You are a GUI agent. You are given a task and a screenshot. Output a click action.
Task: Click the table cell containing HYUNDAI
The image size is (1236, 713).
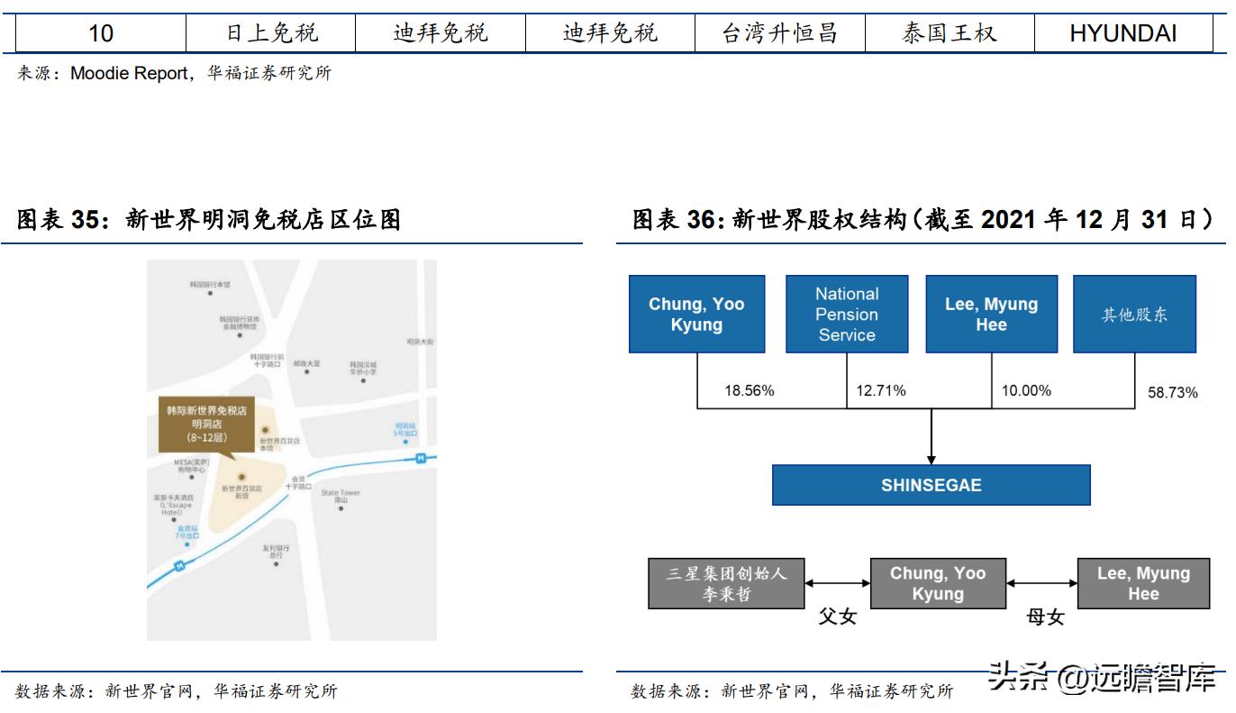click(x=1122, y=33)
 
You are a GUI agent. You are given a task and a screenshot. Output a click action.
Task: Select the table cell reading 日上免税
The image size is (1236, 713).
click(x=271, y=33)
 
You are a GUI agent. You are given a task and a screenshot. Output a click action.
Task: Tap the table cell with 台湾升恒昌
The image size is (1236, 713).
click(x=779, y=33)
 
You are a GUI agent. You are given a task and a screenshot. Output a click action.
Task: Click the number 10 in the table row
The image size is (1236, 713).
click(x=101, y=33)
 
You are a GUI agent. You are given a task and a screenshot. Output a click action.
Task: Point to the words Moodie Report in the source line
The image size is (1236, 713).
click(x=129, y=74)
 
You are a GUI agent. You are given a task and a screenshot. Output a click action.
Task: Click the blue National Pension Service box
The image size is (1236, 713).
click(x=846, y=314)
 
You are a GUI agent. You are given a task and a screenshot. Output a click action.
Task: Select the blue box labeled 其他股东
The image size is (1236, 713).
click(x=1134, y=315)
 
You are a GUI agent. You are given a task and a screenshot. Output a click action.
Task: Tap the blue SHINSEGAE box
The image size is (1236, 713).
click(x=931, y=485)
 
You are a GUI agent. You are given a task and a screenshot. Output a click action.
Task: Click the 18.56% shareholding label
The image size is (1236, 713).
click(x=750, y=391)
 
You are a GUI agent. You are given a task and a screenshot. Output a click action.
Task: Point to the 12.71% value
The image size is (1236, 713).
click(x=881, y=391)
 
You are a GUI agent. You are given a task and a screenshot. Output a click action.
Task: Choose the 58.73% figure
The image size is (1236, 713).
click(x=1172, y=393)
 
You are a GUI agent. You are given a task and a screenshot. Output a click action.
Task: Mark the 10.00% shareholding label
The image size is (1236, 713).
click(x=1026, y=391)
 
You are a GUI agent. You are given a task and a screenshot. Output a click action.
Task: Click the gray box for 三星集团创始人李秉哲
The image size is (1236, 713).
click(x=726, y=583)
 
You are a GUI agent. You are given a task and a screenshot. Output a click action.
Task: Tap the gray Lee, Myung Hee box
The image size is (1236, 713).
click(x=1143, y=583)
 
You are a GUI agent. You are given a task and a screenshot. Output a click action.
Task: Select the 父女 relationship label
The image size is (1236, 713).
click(x=837, y=617)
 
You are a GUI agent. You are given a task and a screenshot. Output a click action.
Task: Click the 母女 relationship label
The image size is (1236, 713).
click(x=1045, y=617)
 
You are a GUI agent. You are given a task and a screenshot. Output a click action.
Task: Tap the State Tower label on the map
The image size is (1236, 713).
click(x=341, y=493)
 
